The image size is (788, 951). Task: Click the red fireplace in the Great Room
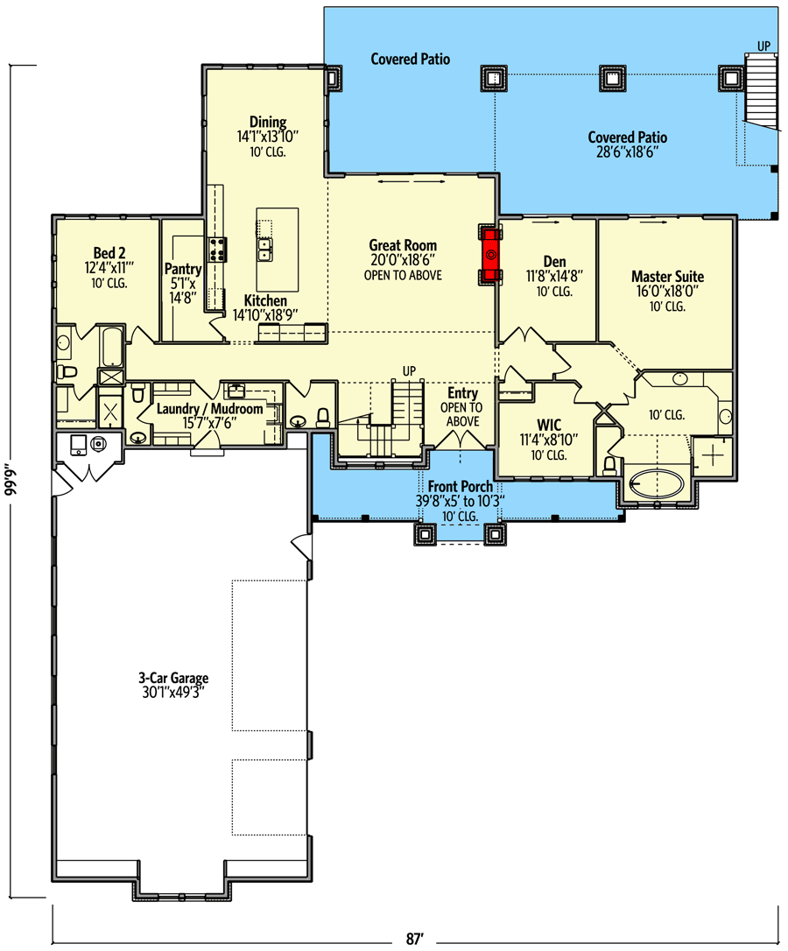pos(491,255)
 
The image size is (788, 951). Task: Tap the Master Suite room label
pos(667,277)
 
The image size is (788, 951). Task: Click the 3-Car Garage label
pos(172,678)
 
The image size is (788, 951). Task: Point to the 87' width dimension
pos(415,939)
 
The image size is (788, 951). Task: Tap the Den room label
pos(554,262)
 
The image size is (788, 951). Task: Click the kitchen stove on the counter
pos(216,250)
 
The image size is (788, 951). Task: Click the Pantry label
pos(183,270)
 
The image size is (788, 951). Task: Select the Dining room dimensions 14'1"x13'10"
pos(268,137)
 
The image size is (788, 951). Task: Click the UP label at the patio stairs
pos(763,45)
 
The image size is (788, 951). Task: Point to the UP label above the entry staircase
pos(408,370)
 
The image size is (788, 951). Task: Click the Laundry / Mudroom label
pos(209,409)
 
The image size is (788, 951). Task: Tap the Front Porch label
pos(460,487)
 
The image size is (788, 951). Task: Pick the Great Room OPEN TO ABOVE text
pos(403,275)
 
